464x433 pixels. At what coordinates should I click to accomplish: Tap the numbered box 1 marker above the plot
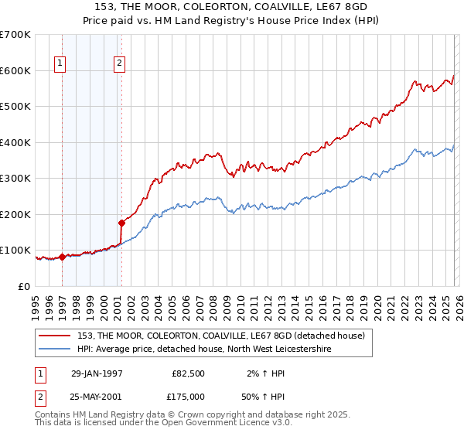[x=60, y=65]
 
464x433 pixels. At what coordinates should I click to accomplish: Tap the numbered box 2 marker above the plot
[x=120, y=65]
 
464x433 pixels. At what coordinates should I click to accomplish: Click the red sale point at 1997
[x=63, y=257]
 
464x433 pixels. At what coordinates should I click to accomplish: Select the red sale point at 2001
[x=121, y=223]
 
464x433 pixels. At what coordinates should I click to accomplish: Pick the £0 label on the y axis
[x=23, y=287]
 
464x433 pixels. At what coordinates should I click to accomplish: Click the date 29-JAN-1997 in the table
[x=97, y=373]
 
